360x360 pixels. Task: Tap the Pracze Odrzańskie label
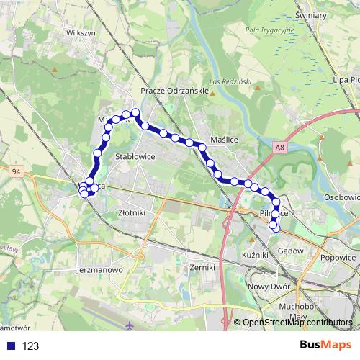coord(175,91)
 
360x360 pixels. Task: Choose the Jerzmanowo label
coord(99,270)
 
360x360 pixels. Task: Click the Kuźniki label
coord(255,255)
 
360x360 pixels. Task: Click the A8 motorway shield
coord(279,147)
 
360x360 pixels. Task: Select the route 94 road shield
coord(17,171)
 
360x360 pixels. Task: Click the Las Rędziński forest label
coord(230,82)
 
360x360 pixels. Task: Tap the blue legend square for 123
coord(9,346)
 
